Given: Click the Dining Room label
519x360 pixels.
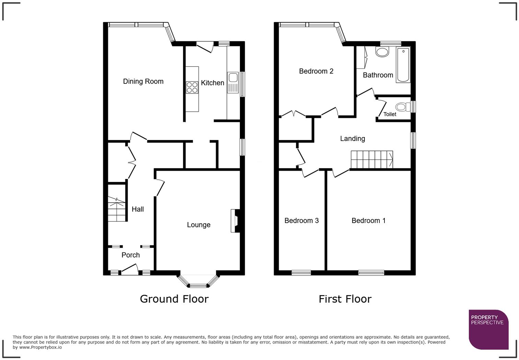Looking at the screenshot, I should tap(143, 81).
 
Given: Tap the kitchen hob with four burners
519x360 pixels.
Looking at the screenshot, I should tap(192, 87).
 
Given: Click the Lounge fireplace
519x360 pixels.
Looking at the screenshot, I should tap(235, 221).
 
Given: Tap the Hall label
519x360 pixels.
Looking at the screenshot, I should tap(138, 209).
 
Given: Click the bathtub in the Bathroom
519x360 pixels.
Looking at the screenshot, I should tap(403, 65).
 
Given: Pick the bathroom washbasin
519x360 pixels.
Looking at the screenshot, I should tap(382, 52).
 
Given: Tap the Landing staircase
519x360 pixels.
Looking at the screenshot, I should tap(372, 159).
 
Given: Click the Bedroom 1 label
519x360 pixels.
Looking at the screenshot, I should tap(368, 221).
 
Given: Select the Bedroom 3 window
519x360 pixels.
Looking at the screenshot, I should tap(301, 273).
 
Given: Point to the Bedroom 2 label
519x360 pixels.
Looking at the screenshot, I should tap(316, 71).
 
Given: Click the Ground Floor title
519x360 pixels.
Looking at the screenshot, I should tap(174, 299).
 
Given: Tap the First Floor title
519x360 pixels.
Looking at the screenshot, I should tap(345, 299).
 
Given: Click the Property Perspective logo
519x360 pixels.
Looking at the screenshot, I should tap(488, 329).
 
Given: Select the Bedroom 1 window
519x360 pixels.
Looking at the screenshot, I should tap(371, 273).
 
